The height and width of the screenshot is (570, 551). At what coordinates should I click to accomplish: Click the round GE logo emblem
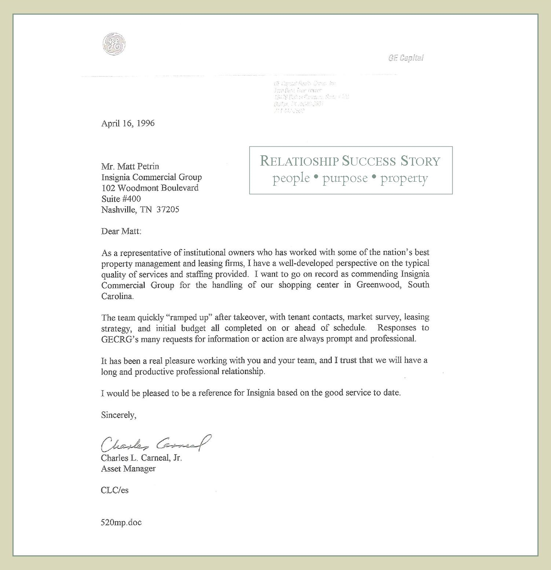[114, 44]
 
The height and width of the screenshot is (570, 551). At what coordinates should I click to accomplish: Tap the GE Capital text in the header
[406, 58]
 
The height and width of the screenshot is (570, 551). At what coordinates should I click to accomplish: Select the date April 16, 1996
[128, 123]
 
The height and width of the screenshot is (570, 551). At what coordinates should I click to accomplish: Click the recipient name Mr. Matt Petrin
[130, 167]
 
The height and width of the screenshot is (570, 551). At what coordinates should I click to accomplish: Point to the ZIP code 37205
[168, 210]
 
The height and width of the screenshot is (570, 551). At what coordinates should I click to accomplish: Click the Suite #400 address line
[121, 199]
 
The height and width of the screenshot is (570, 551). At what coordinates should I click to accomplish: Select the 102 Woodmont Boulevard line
[150, 188]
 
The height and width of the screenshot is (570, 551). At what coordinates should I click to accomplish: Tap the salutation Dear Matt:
[121, 232]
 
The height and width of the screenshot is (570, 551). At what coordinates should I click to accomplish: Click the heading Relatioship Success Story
[350, 161]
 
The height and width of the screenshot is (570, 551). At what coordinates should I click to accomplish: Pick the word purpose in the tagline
[345, 178]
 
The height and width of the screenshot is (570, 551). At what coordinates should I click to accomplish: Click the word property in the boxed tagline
[404, 178]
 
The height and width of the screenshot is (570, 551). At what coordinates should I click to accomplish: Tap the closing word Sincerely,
[118, 415]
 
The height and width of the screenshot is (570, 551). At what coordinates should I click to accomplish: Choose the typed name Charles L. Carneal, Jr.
[141, 458]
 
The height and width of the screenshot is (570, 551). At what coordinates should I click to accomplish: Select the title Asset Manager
[128, 469]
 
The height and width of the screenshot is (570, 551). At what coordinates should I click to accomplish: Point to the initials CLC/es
[115, 491]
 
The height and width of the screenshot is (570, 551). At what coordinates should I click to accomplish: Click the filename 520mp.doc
[121, 523]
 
